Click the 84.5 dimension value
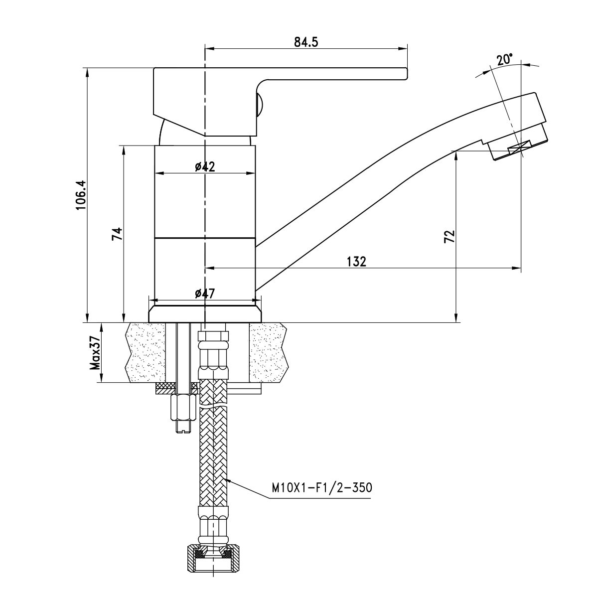click(306, 42)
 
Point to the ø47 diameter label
click(205, 294)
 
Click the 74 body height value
click(117, 234)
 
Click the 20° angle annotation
click(504, 60)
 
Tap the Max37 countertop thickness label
click(95, 353)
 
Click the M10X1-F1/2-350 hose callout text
click(321, 487)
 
